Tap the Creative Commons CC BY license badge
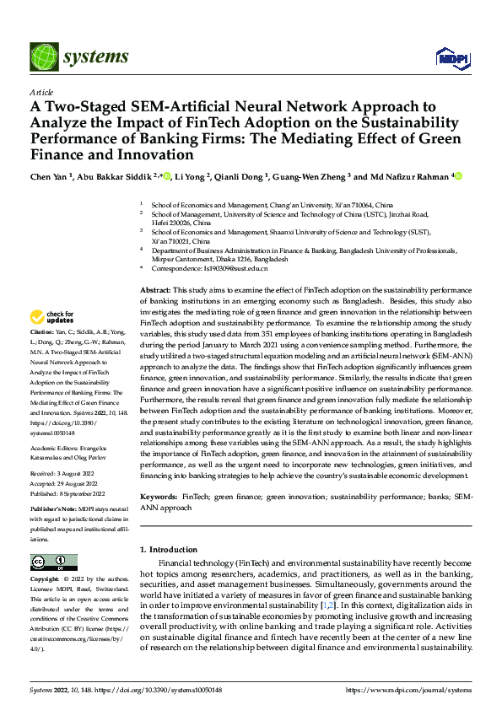click(x=53, y=562)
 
